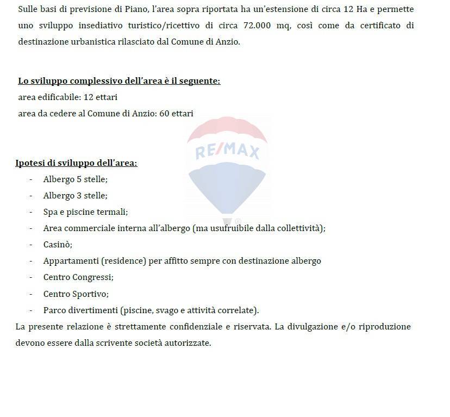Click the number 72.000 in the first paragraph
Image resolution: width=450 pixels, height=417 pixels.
click(x=312, y=26)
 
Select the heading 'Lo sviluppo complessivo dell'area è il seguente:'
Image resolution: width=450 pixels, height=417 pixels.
click(x=119, y=81)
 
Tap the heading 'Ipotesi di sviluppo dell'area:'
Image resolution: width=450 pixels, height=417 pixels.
click(x=76, y=163)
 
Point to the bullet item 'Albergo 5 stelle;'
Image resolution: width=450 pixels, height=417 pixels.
click(x=75, y=179)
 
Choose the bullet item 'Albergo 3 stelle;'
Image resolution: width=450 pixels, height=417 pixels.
click(x=75, y=195)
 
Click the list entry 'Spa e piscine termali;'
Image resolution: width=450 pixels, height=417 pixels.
click(x=85, y=211)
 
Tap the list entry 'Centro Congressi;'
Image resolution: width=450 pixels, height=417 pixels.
click(x=78, y=277)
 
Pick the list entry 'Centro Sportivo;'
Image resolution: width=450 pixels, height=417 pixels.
click(x=76, y=294)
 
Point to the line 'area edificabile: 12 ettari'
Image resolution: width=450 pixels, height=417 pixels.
click(x=68, y=97)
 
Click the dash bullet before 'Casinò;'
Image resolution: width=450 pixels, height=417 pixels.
click(x=31, y=244)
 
